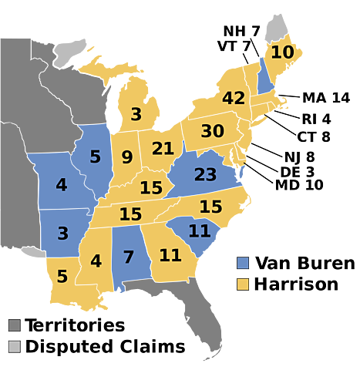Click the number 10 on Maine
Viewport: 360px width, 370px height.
coord(282,53)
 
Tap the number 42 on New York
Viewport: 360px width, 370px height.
coord(234,99)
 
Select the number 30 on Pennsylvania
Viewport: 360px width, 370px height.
coord(212,132)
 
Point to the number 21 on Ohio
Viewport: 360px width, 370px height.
coord(163,149)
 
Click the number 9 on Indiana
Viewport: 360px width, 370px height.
coord(127,158)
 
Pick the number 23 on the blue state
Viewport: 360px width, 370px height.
coord(205,175)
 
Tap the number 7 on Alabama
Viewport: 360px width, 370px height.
coord(129,257)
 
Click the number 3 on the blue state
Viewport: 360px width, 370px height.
coord(62,234)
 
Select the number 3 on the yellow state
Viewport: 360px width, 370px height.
coord(136,115)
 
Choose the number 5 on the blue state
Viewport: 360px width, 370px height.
coord(95,157)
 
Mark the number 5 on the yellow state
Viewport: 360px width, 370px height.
coord(62,276)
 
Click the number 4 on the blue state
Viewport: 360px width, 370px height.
coord(62,185)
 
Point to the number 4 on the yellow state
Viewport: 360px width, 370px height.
coord(96,261)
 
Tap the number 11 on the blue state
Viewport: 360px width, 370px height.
coord(200,230)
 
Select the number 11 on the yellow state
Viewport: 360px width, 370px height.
coord(170,255)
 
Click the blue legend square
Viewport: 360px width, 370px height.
coord(243,263)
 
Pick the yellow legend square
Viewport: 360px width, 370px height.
coord(243,284)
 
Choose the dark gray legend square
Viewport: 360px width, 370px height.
coord(14,325)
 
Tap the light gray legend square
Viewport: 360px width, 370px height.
coord(14,346)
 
